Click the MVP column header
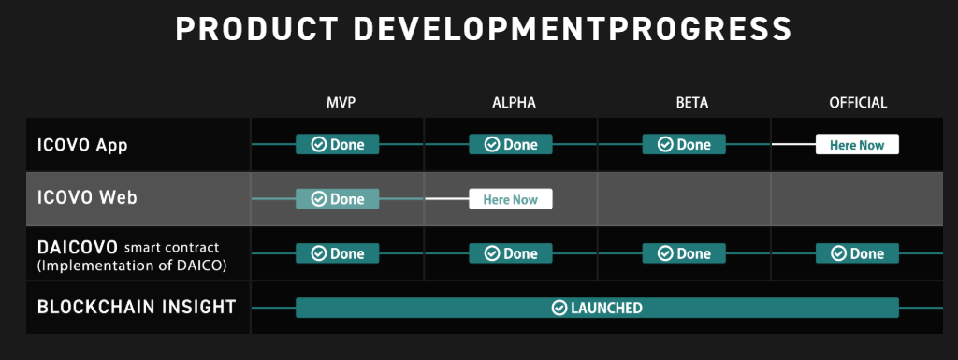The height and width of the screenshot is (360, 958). [341, 103]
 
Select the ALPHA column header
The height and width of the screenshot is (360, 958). [514, 103]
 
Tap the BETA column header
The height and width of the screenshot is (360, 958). [692, 103]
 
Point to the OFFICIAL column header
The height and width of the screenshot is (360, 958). [858, 103]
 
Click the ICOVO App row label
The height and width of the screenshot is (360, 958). [82, 146]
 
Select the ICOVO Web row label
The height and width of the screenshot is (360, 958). [87, 198]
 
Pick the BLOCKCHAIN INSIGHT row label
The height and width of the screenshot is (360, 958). [137, 307]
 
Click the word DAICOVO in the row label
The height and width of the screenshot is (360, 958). [77, 247]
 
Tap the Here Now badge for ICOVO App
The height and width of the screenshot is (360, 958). [857, 145]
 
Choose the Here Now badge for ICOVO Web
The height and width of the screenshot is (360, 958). [511, 199]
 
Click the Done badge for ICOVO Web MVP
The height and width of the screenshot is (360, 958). [337, 199]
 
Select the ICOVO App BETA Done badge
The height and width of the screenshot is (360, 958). [684, 145]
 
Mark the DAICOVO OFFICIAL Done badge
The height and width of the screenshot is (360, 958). [857, 253]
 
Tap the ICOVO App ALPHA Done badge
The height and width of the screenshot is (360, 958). [511, 145]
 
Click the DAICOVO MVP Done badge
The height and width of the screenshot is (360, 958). [337, 253]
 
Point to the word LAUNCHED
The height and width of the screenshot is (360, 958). [606, 309]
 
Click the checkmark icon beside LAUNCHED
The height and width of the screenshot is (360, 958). [559, 309]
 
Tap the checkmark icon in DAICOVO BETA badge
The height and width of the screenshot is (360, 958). [665, 253]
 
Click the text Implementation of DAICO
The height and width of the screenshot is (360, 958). [132, 266]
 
